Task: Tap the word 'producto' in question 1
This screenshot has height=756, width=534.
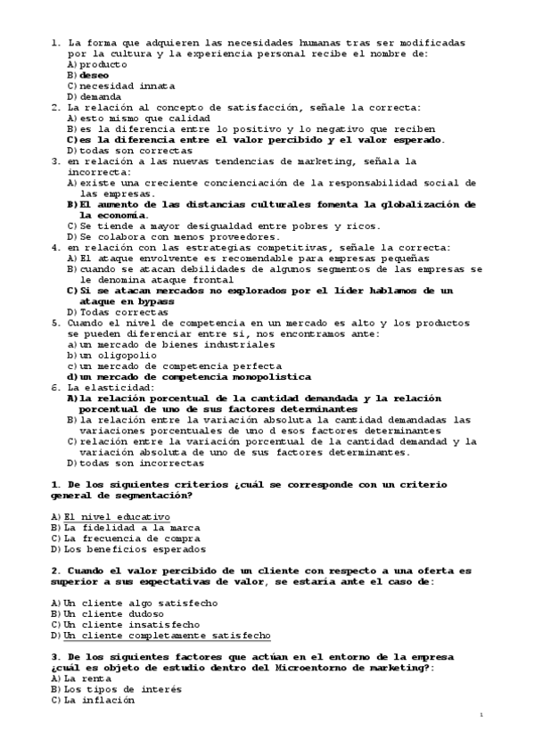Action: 103,64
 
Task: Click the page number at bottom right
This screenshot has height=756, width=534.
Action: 480,715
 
